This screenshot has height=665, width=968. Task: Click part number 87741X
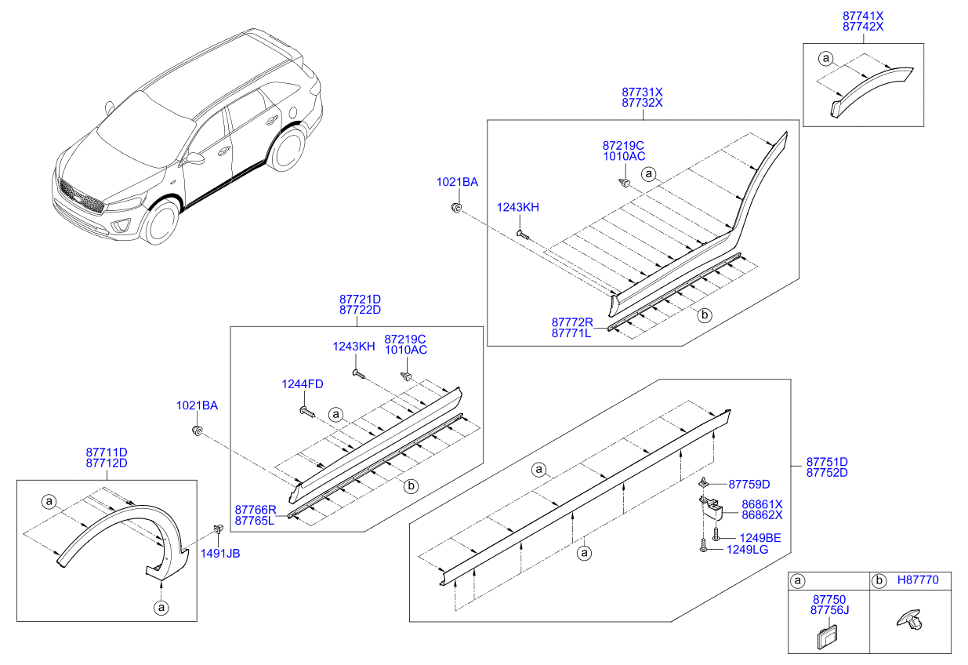point(862,15)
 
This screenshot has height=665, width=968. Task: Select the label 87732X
point(642,103)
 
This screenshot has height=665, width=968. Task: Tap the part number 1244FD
point(303,383)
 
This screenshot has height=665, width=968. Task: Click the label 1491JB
point(220,553)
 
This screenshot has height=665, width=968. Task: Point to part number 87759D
point(749,484)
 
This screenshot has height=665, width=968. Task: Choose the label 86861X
point(761,504)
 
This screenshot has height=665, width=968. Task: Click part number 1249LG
point(748,550)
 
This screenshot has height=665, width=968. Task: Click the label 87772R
point(571,322)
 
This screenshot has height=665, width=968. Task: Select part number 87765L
point(254,521)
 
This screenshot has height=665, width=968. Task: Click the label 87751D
point(827,462)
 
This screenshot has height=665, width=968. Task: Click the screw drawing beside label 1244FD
point(306,410)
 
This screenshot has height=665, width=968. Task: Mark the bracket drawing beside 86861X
point(711,507)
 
